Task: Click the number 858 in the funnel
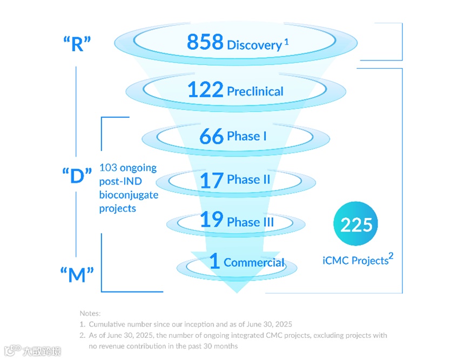click(205, 42)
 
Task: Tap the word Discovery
click(254, 45)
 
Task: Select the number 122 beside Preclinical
click(205, 89)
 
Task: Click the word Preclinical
click(255, 91)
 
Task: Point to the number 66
click(211, 136)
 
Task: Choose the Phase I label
click(247, 136)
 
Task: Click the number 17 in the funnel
click(212, 180)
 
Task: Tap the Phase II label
click(248, 180)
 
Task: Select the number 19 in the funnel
click(212, 220)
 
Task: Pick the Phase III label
click(250, 222)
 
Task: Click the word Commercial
click(254, 263)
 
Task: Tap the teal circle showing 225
click(356, 225)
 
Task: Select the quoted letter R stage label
click(77, 44)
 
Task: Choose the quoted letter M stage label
click(77, 275)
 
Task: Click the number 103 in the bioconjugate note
click(108, 168)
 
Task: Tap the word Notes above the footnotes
click(90, 313)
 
